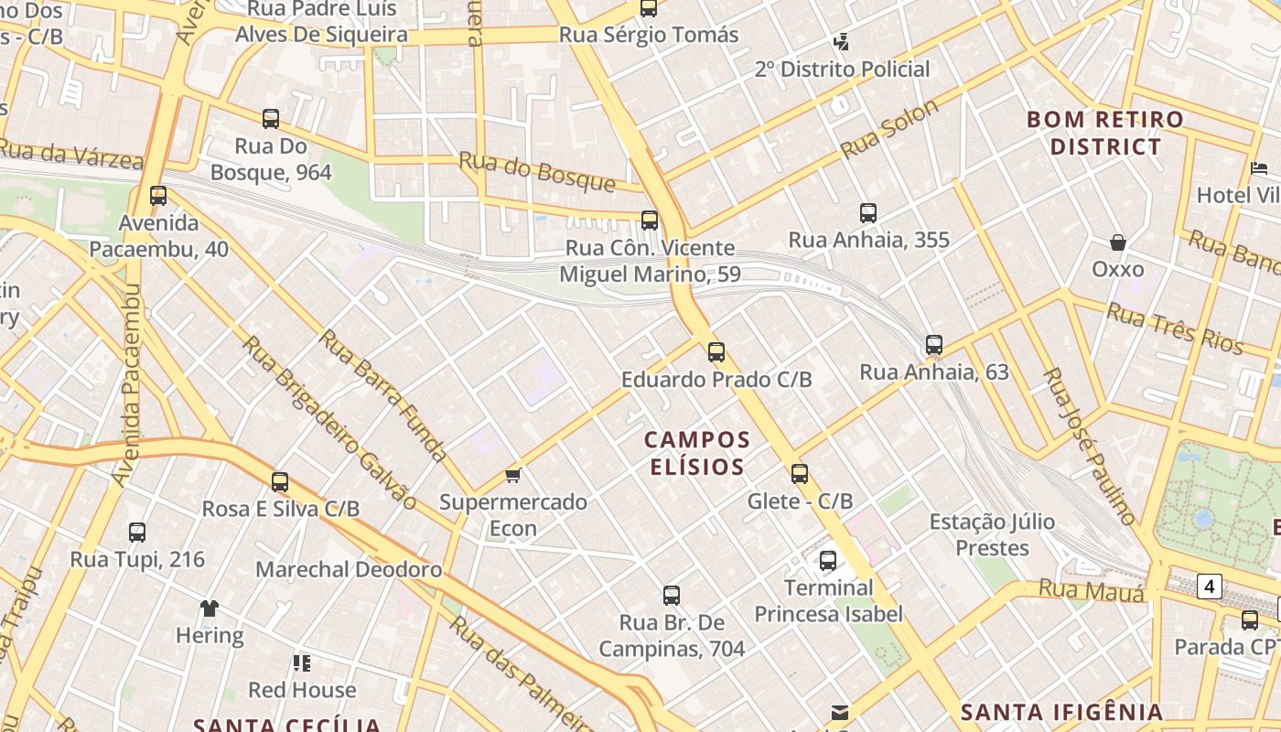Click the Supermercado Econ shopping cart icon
tap(513, 475)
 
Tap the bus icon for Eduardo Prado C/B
tap(716, 351)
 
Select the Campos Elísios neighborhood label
tap(697, 453)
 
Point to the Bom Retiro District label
tap(1105, 133)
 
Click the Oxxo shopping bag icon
tap(1117, 242)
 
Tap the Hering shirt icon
tap(210, 608)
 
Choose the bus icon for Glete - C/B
tap(800, 473)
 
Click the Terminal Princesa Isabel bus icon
tap(828, 560)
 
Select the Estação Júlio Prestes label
tap(992, 534)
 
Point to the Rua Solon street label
tap(890, 129)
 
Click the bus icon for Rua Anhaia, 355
tap(868, 213)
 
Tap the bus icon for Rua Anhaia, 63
tap(934, 345)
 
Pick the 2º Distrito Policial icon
tap(842, 41)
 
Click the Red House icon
tap(302, 662)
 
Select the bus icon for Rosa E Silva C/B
tap(280, 481)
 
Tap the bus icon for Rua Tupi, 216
tap(137, 532)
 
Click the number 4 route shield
tap(1210, 586)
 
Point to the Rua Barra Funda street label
tap(383, 395)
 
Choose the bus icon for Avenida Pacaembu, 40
tap(158, 195)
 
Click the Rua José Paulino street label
tap(1090, 447)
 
